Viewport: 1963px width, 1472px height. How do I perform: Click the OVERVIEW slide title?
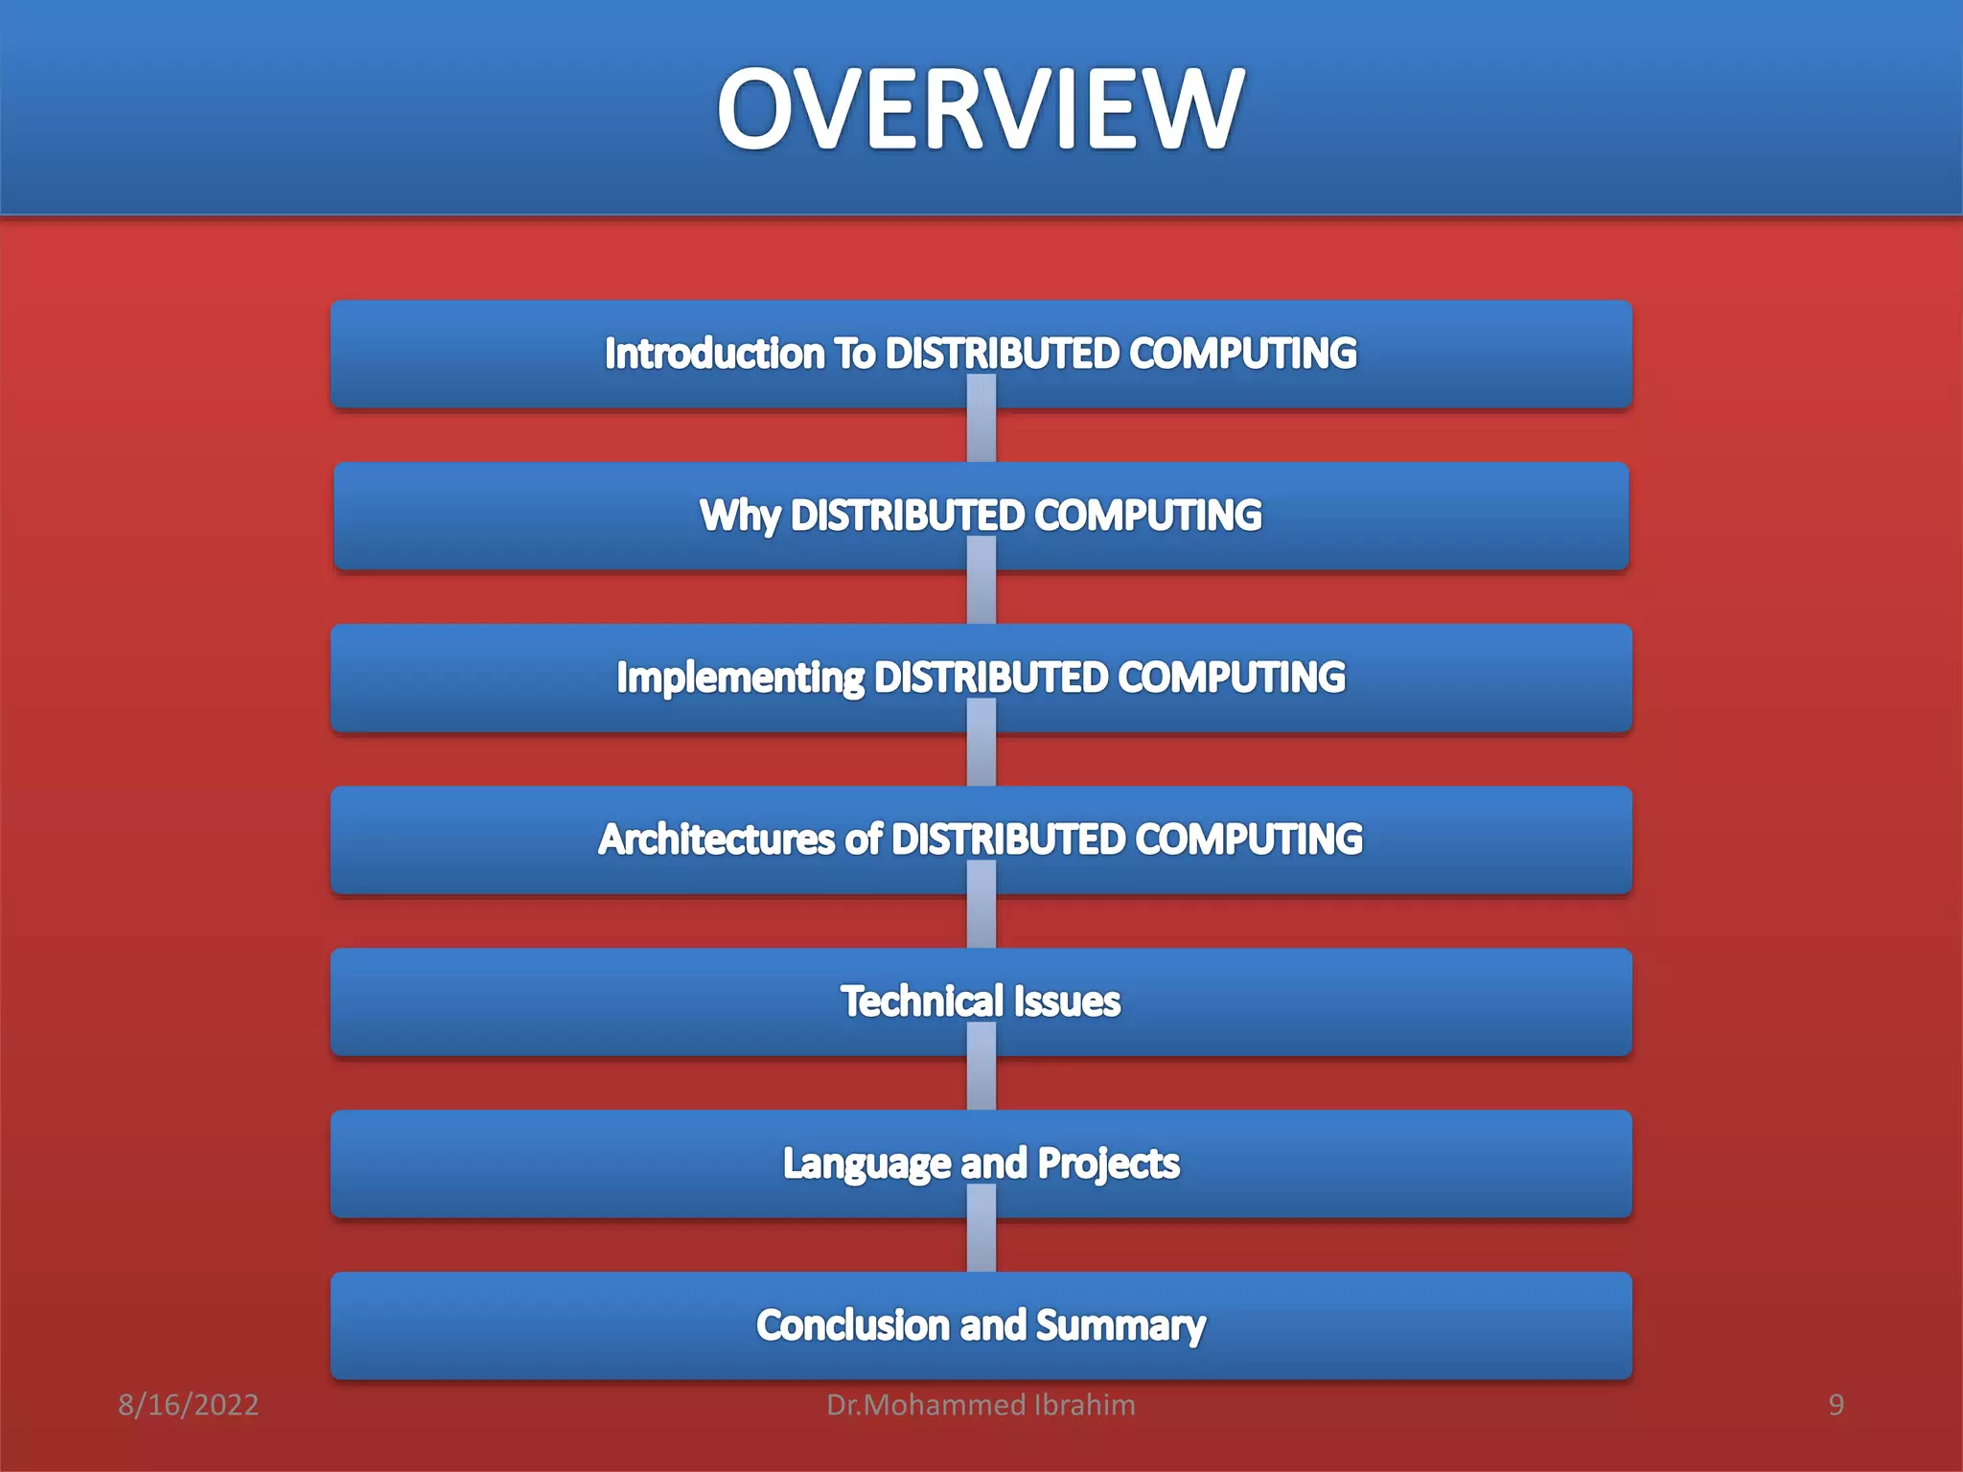[x=981, y=109]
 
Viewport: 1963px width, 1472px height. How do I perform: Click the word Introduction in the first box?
[x=714, y=354]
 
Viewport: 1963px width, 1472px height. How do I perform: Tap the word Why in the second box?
[x=739, y=517]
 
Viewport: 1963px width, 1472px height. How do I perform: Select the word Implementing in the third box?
[x=740, y=678]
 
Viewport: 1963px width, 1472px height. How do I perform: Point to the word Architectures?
[x=716, y=839]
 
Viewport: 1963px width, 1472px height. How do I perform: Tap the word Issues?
[x=1067, y=1001]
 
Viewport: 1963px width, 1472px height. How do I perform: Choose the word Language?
[x=866, y=1164]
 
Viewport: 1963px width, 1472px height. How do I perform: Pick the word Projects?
[x=1108, y=1164]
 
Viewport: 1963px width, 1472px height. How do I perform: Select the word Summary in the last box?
[x=1120, y=1326]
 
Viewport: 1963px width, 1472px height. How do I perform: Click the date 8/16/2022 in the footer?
[x=188, y=1405]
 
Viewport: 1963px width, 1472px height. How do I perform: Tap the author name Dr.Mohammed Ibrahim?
[x=981, y=1405]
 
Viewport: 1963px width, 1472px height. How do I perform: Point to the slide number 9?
[x=1836, y=1405]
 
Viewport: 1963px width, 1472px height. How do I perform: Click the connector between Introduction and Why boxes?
[x=981, y=435]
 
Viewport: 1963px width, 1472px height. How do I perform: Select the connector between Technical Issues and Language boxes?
[x=981, y=1083]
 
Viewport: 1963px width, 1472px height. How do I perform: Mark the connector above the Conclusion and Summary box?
[x=981, y=1245]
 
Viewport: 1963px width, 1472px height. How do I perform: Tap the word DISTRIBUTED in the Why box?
[x=907, y=517]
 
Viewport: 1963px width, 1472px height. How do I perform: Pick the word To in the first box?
[x=854, y=354]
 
